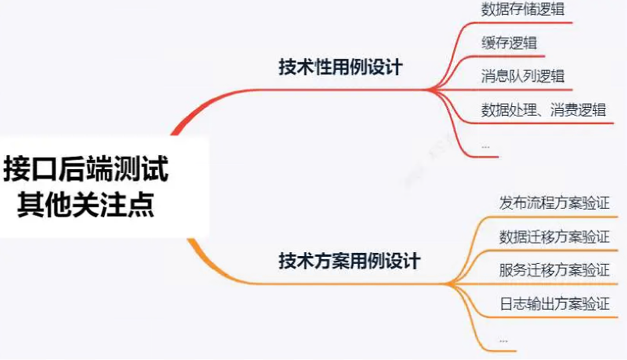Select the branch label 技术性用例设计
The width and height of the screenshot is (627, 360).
point(341,68)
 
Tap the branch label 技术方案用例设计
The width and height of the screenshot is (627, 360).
point(349,261)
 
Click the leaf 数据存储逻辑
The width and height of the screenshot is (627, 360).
point(523,9)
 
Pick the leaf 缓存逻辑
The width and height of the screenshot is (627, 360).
point(509,42)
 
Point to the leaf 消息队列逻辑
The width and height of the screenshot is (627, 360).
point(523,76)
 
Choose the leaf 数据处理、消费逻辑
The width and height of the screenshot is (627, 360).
point(543,109)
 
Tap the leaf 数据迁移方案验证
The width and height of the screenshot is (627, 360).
point(554,237)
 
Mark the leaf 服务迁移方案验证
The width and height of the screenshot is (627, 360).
point(554,270)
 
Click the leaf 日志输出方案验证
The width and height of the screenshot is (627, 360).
point(554,303)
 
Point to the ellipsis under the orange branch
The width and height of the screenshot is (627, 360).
point(503,341)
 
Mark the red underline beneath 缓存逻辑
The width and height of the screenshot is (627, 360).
point(511,56)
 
